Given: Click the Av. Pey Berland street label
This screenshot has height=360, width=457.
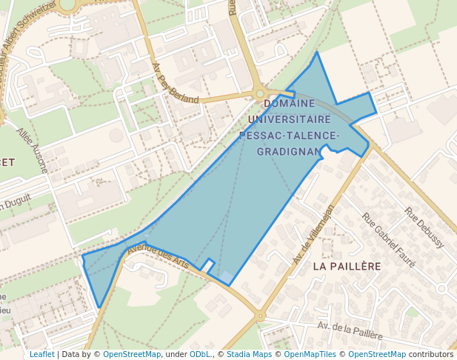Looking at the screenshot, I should point(175,83).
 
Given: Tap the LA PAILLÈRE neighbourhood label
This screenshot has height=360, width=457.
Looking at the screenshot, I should point(347,265).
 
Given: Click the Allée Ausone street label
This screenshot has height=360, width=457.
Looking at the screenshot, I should point(33,151).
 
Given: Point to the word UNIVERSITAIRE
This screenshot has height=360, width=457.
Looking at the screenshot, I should point(290,119).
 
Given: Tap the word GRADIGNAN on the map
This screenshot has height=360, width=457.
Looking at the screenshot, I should point(290,151).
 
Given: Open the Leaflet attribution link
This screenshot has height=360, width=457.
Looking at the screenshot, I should point(41,354).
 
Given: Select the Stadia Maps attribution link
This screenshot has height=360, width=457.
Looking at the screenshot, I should point(249,354).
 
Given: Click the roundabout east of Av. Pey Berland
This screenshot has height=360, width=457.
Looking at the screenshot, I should point(260,94).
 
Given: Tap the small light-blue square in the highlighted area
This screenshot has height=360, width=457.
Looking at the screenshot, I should point(226,277).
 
